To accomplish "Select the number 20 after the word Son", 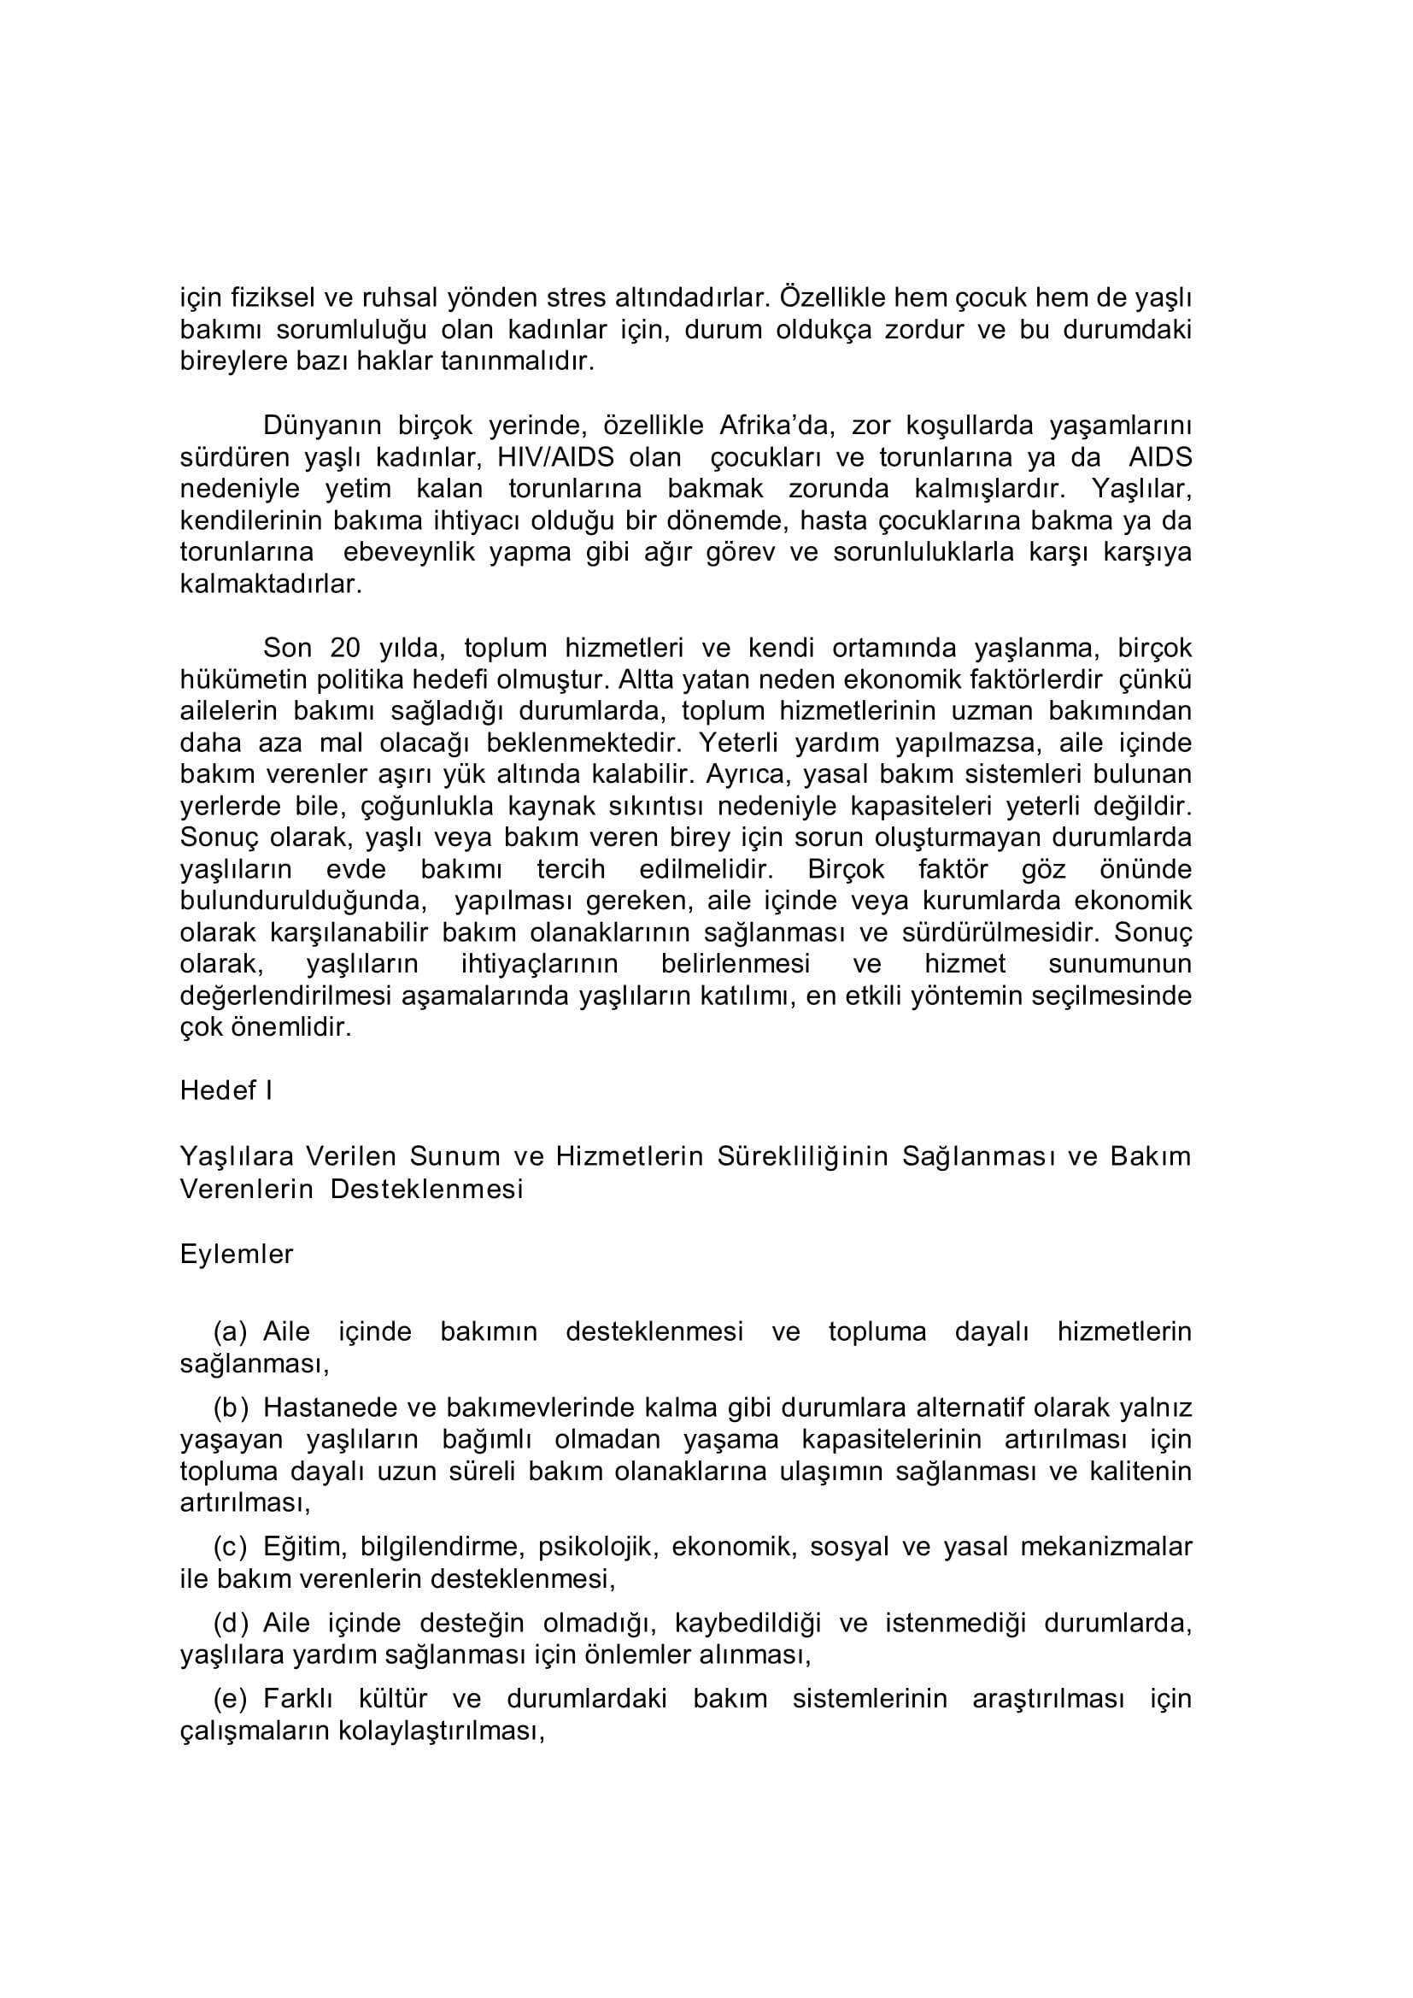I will (x=347, y=649).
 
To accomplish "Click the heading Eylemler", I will (x=237, y=1254).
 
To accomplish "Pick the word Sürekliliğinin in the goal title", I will (x=802, y=1156).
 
